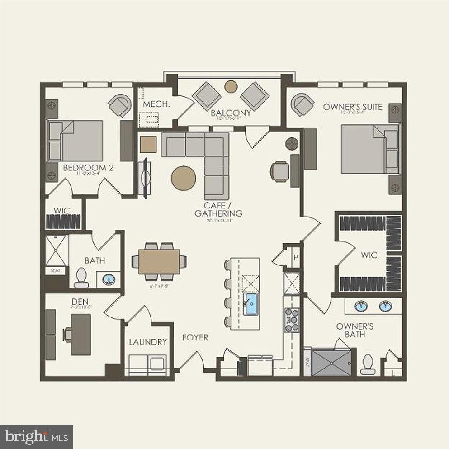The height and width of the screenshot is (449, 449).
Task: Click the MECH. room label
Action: [x=150, y=104]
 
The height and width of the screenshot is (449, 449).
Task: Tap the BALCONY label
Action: [x=231, y=113]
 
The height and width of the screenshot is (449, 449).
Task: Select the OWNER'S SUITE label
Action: [x=353, y=107]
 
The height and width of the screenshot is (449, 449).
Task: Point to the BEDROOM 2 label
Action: [x=88, y=168]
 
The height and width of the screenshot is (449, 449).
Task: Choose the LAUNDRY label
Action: [x=148, y=342]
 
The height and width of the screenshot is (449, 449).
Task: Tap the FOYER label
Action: [x=195, y=337]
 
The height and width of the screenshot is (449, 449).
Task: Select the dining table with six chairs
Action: [x=159, y=261]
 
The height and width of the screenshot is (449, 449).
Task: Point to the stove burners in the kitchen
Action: [x=292, y=320]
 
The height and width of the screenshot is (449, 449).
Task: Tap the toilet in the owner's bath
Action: [x=368, y=364]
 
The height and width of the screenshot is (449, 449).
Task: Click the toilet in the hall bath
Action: [x=82, y=278]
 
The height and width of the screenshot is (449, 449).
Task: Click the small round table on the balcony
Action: [x=231, y=86]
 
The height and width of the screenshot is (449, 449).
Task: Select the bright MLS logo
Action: [x=36, y=437]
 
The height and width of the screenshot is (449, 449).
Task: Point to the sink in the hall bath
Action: [x=109, y=279]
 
